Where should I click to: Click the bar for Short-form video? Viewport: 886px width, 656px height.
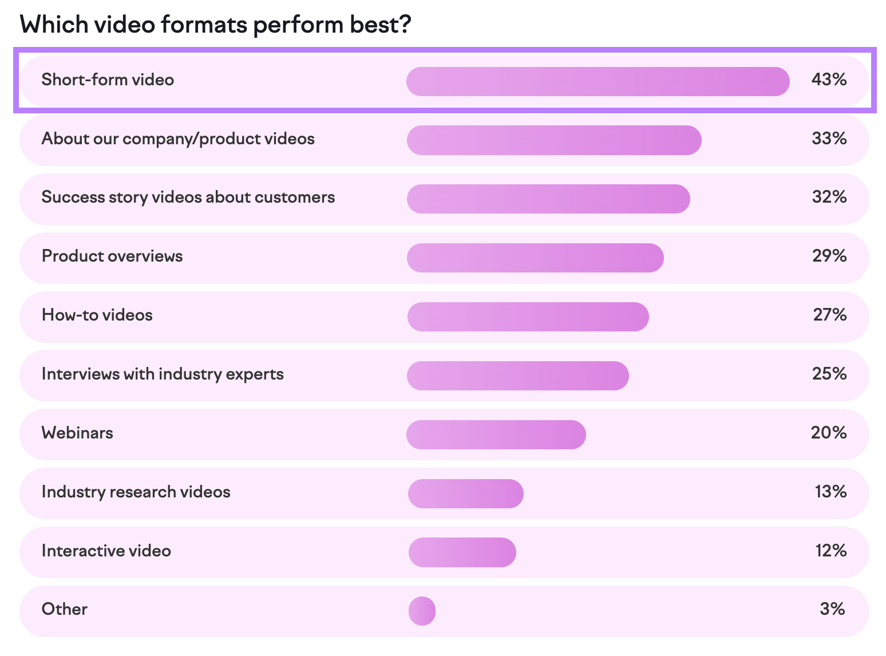[598, 81]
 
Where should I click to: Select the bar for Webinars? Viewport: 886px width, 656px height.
[496, 434]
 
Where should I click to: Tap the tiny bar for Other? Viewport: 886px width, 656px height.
[422, 611]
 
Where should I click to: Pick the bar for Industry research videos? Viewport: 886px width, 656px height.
[465, 493]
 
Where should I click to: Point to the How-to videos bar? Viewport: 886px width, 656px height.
[528, 317]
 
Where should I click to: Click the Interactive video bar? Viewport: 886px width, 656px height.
[462, 552]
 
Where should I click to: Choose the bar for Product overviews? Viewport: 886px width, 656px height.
[535, 258]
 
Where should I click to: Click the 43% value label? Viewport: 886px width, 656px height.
[828, 80]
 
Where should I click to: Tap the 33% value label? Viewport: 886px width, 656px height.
[829, 139]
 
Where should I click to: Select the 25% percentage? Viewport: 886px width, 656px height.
[829, 374]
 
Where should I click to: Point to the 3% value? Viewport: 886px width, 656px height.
[832, 609]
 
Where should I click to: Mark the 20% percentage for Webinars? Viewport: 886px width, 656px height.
[828, 433]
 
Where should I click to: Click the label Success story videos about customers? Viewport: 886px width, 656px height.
[188, 197]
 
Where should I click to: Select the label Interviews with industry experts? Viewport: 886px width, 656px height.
[163, 374]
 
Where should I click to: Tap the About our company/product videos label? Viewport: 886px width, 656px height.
[178, 139]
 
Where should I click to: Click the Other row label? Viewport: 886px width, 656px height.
[65, 609]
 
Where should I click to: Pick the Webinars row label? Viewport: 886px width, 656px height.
[77, 433]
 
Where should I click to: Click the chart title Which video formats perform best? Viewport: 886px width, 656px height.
[215, 25]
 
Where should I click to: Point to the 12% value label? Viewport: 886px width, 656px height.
[830, 551]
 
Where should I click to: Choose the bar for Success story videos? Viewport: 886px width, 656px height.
[548, 199]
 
